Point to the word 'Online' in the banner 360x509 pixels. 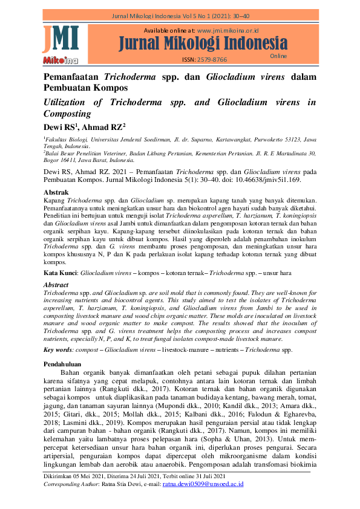[x=278, y=56]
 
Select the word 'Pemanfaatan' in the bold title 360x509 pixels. [x=71, y=77]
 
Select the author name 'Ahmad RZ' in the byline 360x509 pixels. [x=105, y=127]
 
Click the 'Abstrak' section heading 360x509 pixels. [x=58, y=192]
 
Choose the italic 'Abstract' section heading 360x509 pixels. [x=56, y=285]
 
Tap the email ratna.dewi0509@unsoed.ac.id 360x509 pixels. [x=203, y=484]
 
